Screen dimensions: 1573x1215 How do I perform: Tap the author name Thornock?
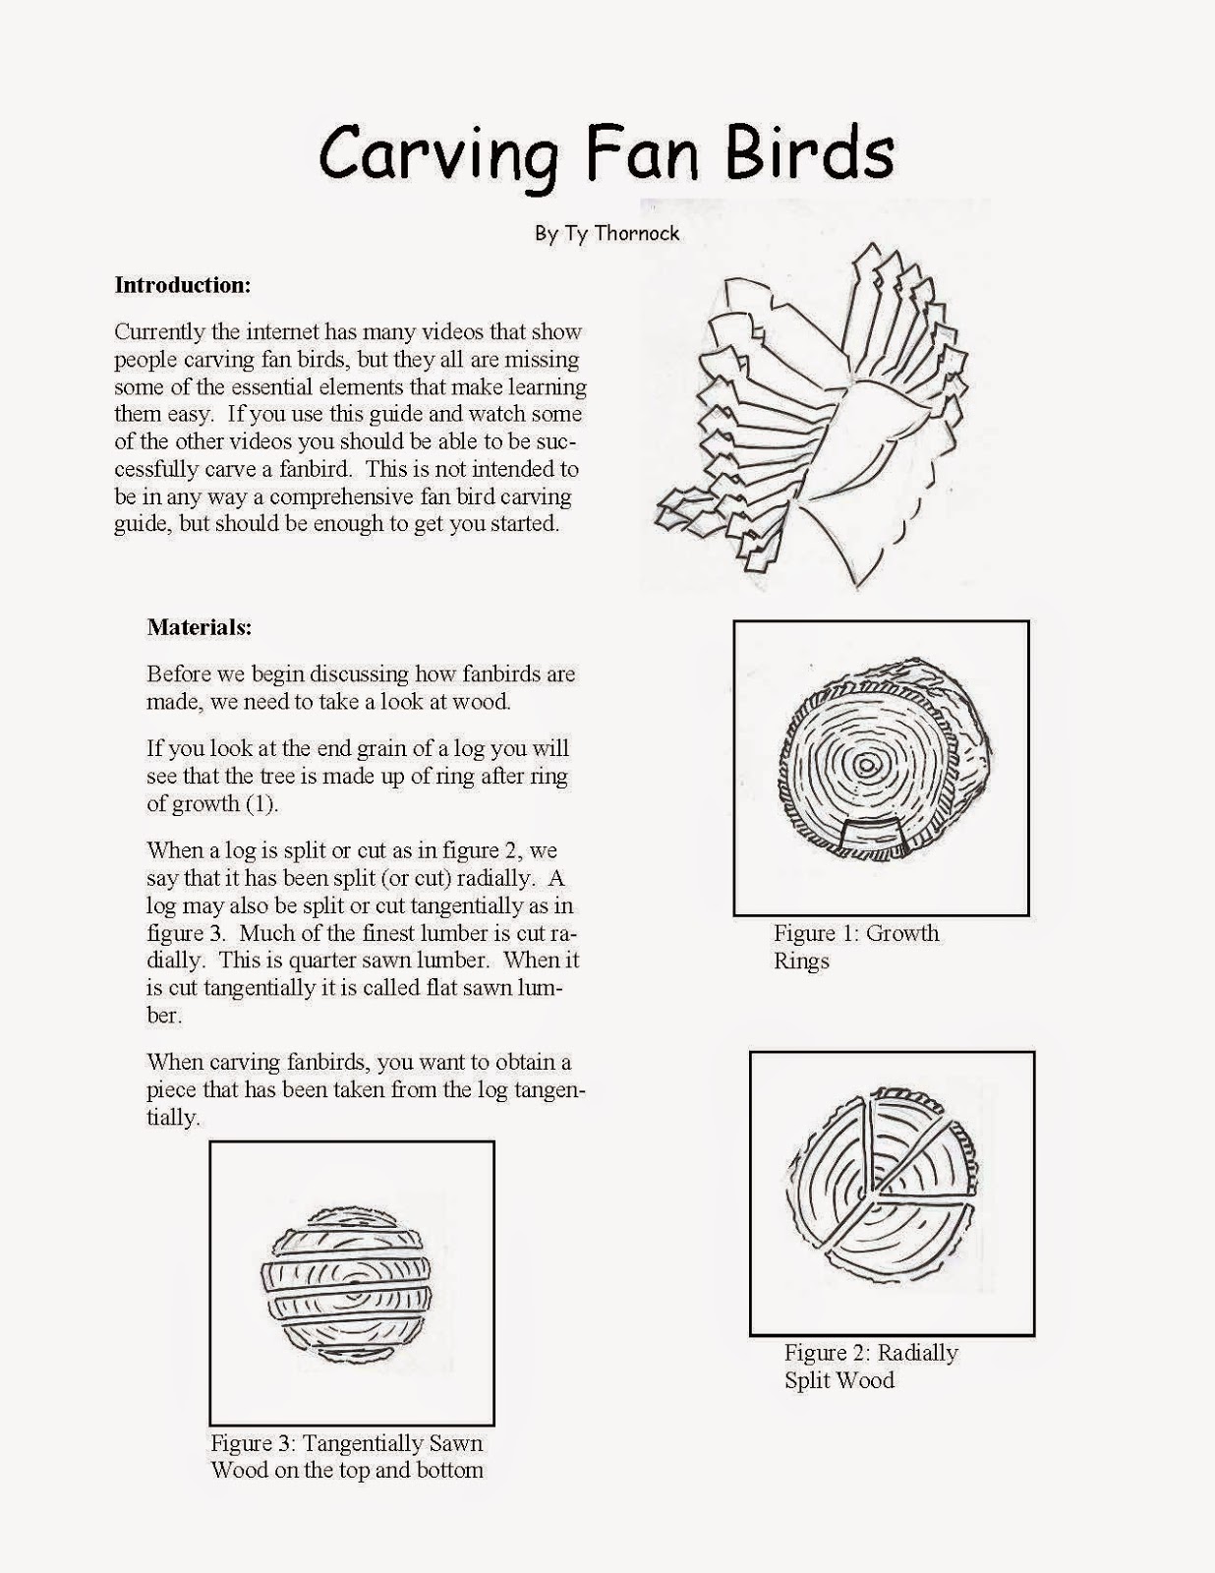635,234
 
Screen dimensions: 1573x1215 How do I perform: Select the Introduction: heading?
183,285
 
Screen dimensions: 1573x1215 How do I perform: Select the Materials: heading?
200,626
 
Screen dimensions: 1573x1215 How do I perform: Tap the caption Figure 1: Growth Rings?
855,947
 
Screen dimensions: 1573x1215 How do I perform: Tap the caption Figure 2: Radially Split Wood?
870,1366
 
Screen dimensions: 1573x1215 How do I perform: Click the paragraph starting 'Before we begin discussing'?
360,687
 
